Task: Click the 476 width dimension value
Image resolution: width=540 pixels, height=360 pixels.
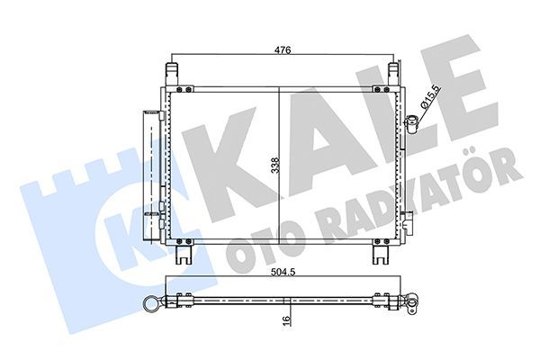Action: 283,51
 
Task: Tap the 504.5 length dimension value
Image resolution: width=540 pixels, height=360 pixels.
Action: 285,280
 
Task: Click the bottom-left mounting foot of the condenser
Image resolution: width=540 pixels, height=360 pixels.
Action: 184,254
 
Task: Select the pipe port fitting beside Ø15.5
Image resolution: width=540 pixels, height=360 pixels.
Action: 411,122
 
